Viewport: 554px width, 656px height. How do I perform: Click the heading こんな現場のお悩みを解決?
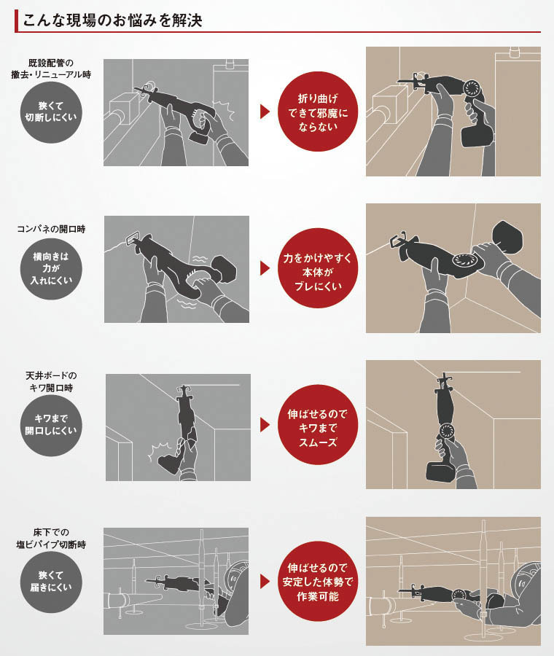tap(112, 20)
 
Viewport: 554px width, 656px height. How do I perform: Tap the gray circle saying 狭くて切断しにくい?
tap(51, 112)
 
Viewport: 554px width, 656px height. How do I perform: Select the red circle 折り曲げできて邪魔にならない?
tap(318, 112)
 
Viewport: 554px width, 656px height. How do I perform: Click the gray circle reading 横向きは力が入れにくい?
tap(51, 268)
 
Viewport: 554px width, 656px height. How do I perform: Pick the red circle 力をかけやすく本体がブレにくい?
tap(318, 268)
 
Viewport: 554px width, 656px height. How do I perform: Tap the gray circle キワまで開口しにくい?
tap(51, 425)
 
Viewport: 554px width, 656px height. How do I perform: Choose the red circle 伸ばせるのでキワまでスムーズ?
tap(318, 425)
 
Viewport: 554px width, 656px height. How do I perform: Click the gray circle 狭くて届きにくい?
tap(51, 582)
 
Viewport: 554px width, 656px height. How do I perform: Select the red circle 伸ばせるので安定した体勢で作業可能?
tap(318, 582)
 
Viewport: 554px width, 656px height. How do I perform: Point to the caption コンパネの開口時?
tap(51, 229)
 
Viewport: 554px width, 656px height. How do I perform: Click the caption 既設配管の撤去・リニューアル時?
tap(51, 69)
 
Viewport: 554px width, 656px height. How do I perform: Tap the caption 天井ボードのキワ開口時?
tap(51, 381)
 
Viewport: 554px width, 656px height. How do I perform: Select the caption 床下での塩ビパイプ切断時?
tap(51, 539)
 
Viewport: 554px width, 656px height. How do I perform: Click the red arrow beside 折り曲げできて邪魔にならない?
tap(265, 112)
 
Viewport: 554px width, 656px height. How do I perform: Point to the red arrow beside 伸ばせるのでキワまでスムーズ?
tap(265, 425)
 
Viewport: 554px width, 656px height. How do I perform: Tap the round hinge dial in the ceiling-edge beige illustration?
tap(447, 431)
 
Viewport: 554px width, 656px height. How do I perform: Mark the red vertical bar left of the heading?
tap(16, 21)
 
